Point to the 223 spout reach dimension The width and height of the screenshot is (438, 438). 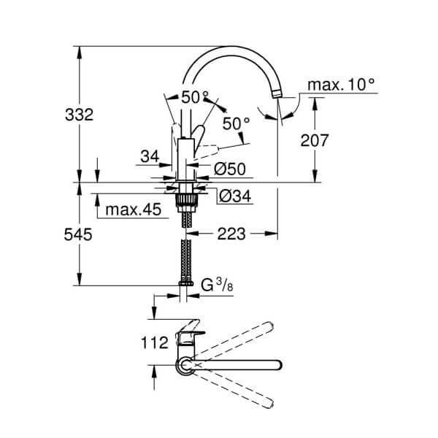[x=231, y=234]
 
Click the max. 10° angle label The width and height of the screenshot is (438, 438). [x=341, y=86]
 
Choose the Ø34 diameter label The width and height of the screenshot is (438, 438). [x=233, y=195]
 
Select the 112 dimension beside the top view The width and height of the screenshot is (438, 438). [x=155, y=341]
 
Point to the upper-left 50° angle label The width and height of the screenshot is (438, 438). [x=195, y=96]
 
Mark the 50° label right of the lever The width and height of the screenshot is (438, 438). [x=237, y=124]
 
